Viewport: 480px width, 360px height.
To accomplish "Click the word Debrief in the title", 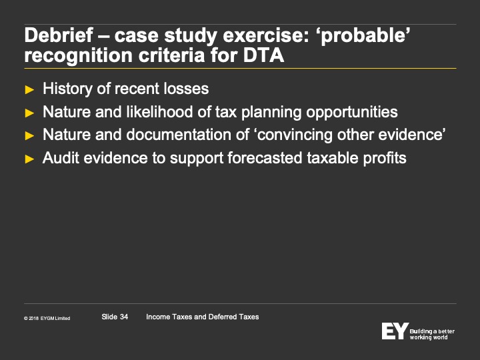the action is click(x=59, y=35).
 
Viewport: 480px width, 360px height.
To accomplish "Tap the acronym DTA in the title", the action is click(x=263, y=55).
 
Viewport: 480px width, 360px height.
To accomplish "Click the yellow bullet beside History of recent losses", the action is click(x=29, y=90).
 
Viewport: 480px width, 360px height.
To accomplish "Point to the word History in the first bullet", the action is click(x=67, y=89).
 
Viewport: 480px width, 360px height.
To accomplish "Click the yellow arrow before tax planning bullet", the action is click(x=29, y=113).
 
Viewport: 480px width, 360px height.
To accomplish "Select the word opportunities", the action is click(x=352, y=113).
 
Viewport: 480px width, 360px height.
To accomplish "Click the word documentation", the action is click(x=187, y=135).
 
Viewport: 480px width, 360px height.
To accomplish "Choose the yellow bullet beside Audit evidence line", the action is click(x=29, y=159).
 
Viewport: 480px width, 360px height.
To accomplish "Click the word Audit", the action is click(x=61, y=158).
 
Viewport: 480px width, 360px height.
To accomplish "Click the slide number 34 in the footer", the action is click(x=124, y=317).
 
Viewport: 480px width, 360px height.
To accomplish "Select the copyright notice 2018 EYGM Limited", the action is click(x=47, y=319).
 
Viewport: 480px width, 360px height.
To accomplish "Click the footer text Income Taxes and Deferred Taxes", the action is click(x=203, y=317).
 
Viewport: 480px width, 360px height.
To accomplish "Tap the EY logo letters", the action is click(x=395, y=331).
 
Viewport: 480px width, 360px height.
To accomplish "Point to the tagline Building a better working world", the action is click(x=432, y=334).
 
